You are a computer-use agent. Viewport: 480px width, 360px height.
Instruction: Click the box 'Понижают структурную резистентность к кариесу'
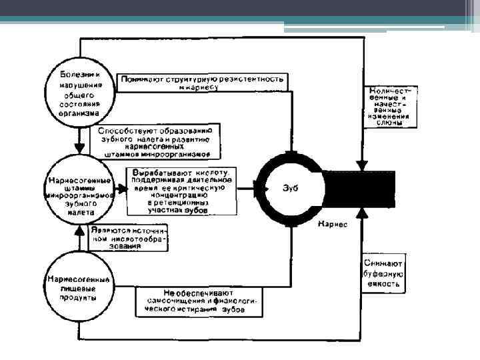(x=203, y=82)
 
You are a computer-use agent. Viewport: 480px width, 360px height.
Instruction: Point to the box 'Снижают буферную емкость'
(x=383, y=274)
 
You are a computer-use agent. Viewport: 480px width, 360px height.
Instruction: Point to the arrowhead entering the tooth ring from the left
(x=256, y=189)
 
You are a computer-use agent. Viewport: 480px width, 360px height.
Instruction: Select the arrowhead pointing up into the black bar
(x=362, y=212)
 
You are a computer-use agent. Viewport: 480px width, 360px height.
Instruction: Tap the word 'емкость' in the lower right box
(x=383, y=283)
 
